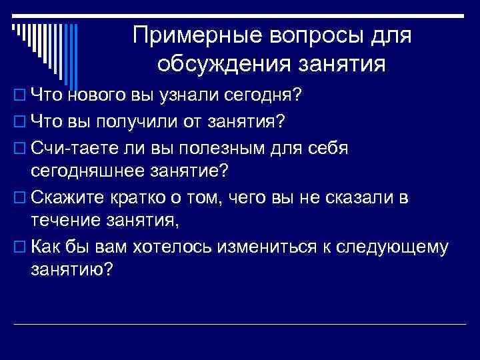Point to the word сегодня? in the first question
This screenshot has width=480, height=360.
click(265, 96)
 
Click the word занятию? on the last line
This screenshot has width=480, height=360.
click(72, 271)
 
